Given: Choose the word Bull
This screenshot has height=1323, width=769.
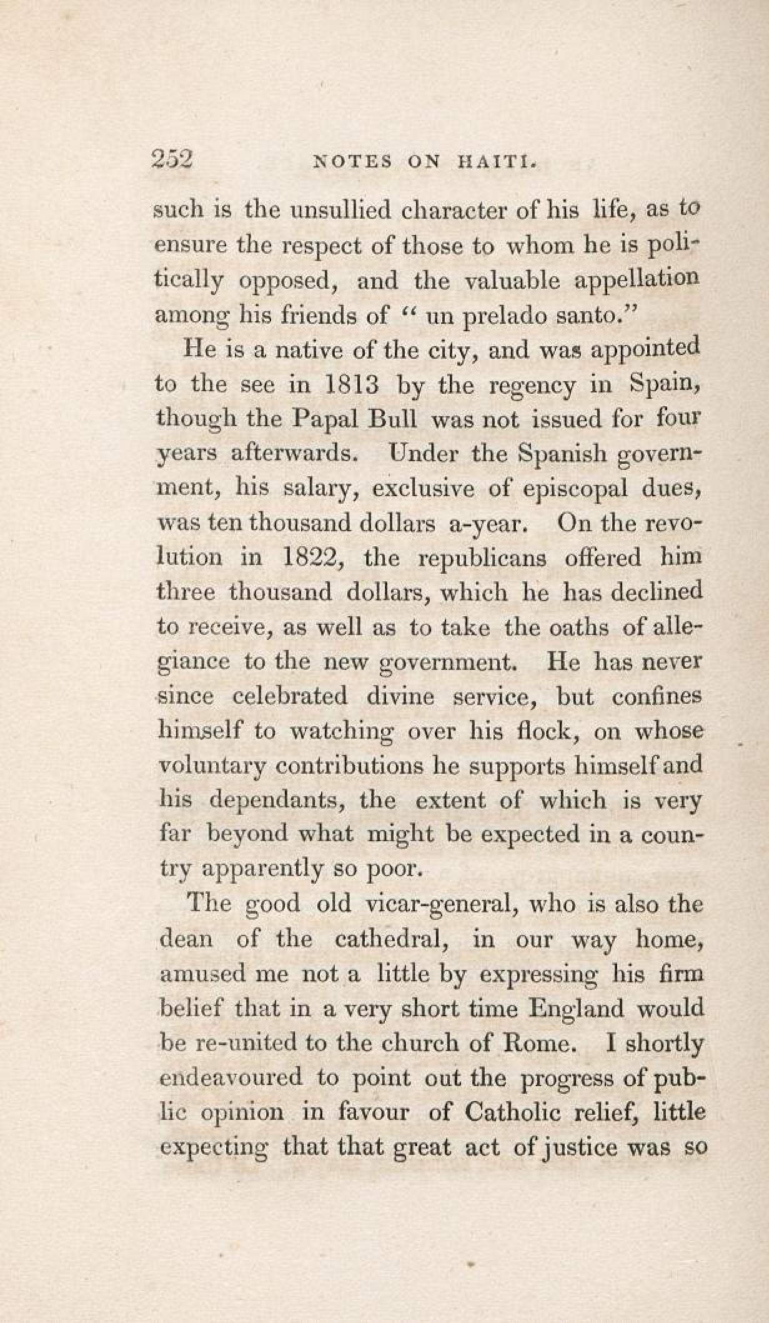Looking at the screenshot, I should pyautogui.click(x=393, y=418).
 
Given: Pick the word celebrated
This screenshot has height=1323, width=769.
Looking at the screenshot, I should pyautogui.click(x=285, y=696).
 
